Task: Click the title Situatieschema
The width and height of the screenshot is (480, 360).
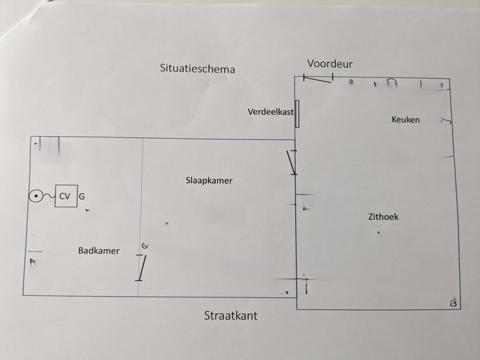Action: tap(197, 68)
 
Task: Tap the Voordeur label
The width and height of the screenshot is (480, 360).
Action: tap(330, 63)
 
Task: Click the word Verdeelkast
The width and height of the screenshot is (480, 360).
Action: tap(270, 112)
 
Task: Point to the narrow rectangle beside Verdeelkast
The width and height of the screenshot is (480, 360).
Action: tap(297, 113)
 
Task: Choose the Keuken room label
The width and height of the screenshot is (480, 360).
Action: tap(406, 119)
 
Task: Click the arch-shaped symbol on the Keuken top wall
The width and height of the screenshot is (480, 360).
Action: tap(393, 83)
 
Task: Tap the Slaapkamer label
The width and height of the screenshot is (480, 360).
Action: tap(209, 181)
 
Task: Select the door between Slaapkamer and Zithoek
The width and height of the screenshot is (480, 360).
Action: tap(293, 162)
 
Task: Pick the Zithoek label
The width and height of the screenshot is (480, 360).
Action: tap(383, 217)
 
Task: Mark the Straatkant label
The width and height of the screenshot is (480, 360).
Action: tap(231, 316)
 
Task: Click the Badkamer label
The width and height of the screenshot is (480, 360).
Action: tap(98, 250)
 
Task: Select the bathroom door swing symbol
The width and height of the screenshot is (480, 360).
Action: tap(141, 267)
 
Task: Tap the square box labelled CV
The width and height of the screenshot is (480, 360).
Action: tap(65, 196)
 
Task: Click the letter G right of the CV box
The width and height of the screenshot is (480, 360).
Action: tap(82, 196)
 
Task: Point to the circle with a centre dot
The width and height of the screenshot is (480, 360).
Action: tap(36, 196)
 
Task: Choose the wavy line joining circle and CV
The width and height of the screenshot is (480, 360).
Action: tap(48, 196)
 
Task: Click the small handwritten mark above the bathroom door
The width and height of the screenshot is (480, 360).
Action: tap(145, 245)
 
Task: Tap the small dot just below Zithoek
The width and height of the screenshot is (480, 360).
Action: tap(378, 232)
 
